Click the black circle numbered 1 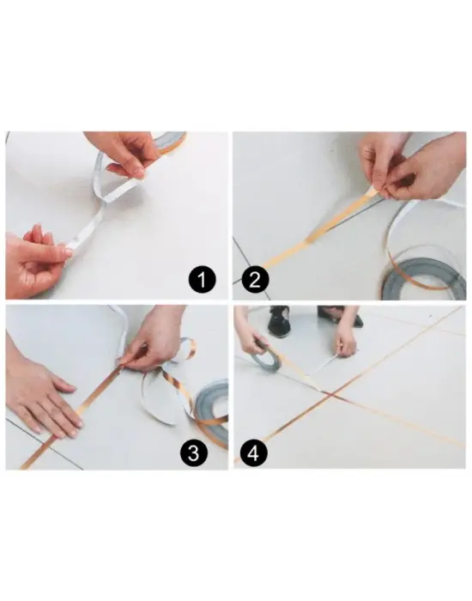203,280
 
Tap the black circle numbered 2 255,280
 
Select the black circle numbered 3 194,453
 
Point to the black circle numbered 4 253,453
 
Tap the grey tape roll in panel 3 212,412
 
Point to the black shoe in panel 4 278,323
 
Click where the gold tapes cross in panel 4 330,394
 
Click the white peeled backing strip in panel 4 329,361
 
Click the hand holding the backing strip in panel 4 346,337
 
